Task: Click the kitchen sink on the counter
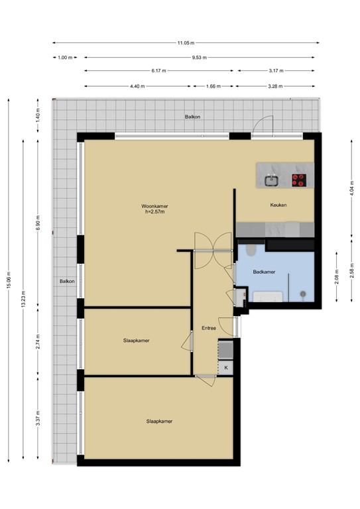click(x=271, y=179)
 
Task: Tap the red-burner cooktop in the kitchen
click(x=300, y=179)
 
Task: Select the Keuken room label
click(x=278, y=205)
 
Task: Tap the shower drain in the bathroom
click(x=303, y=294)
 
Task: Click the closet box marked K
click(x=226, y=368)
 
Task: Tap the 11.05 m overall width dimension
click(x=186, y=43)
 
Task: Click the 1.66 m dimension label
click(x=213, y=85)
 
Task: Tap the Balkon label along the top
click(x=192, y=117)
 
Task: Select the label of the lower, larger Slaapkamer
click(x=158, y=421)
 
